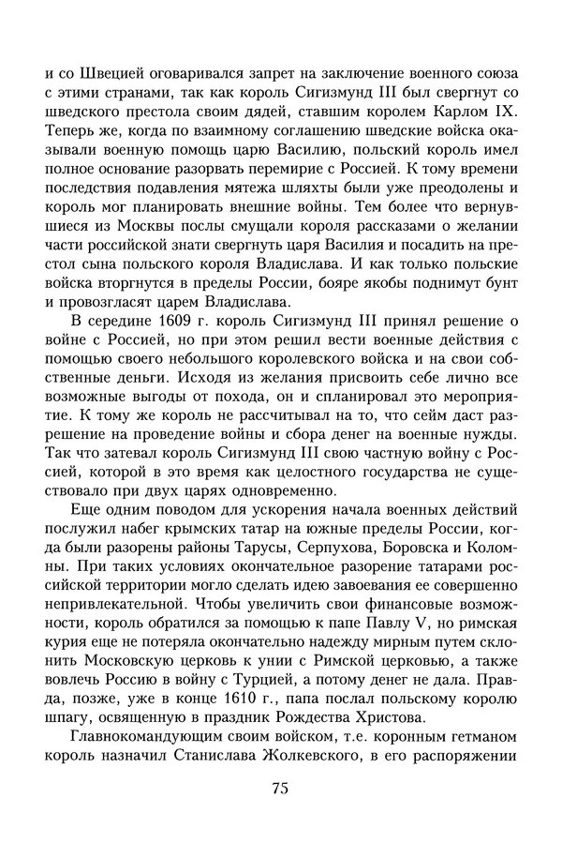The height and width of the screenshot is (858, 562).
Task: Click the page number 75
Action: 279,789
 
